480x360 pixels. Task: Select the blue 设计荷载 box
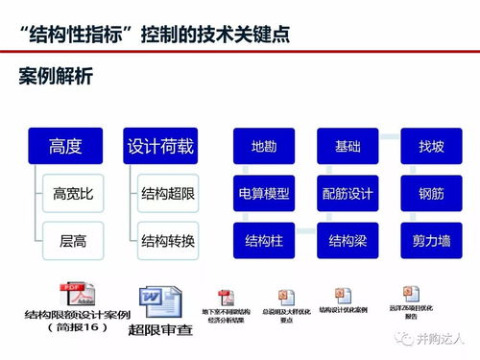160,147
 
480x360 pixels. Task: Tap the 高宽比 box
73,193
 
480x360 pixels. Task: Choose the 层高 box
73,238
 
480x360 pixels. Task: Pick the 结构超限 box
168,193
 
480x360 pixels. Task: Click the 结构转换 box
168,238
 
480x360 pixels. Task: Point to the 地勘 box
264,148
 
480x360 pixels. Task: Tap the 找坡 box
431,148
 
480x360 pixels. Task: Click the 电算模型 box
264,194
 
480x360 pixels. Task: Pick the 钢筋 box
431,194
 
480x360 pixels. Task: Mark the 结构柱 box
264,239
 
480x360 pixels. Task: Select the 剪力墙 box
431,239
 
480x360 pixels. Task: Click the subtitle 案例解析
57,74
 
